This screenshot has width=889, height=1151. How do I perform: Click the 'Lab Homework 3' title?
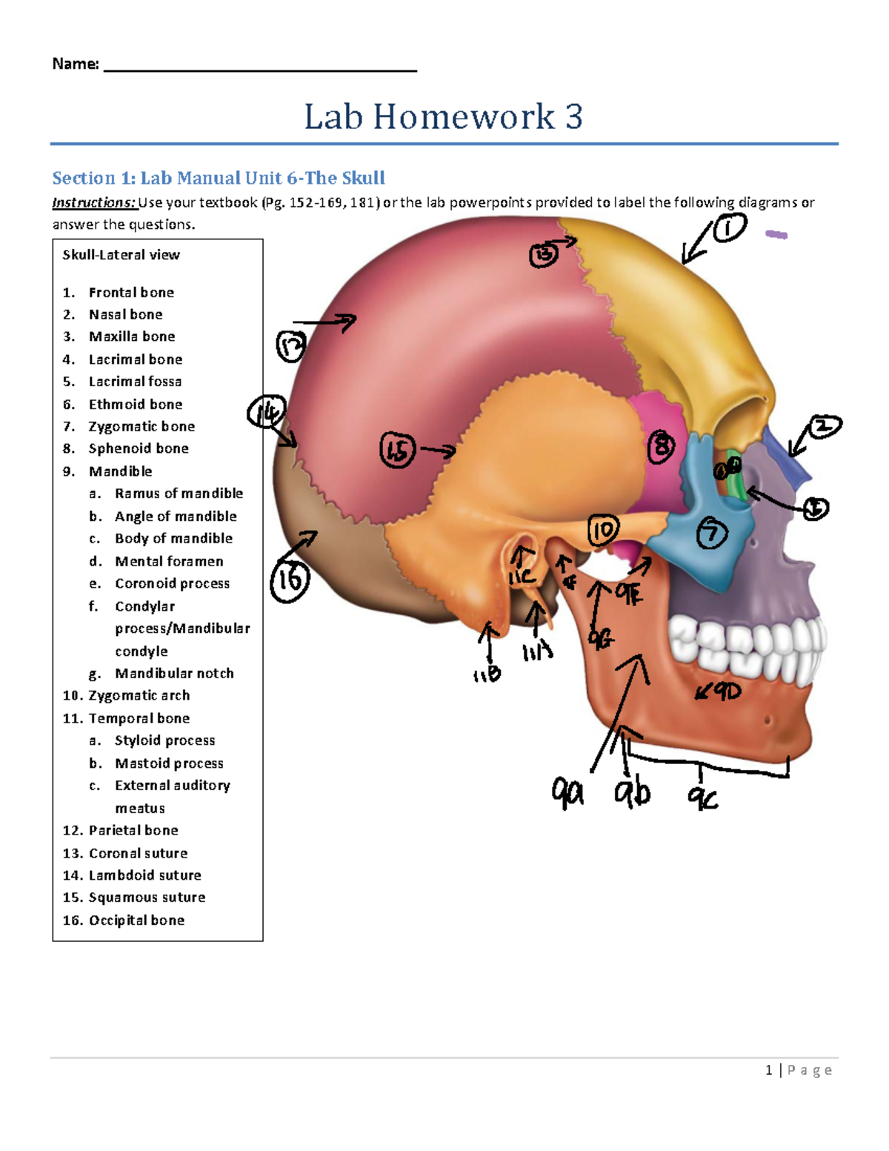pyautogui.click(x=443, y=116)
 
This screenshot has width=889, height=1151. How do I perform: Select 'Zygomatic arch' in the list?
pyautogui.click(x=139, y=695)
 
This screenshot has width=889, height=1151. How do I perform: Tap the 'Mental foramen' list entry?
pyautogui.click(x=169, y=561)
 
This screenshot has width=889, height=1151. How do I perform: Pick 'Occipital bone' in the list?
pyautogui.click(x=136, y=920)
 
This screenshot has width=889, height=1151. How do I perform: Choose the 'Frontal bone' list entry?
pyautogui.click(x=131, y=292)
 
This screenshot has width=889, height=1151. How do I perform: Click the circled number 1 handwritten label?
pyautogui.click(x=729, y=228)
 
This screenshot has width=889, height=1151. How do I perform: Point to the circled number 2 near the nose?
pyautogui.click(x=824, y=428)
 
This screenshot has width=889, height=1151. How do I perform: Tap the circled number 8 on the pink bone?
pyautogui.click(x=661, y=447)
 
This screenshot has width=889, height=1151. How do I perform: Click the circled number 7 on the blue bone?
pyautogui.click(x=712, y=533)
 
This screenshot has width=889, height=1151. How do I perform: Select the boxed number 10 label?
pyautogui.click(x=603, y=531)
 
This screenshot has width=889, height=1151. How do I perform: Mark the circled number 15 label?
pyautogui.click(x=397, y=450)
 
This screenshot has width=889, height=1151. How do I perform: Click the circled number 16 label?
pyautogui.click(x=289, y=580)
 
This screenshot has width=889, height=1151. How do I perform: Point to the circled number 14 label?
pyautogui.click(x=266, y=412)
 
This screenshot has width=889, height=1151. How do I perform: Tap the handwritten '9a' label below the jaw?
pyautogui.click(x=567, y=792)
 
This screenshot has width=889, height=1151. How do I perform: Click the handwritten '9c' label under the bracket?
pyautogui.click(x=702, y=797)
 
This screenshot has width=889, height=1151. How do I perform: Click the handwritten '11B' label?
pyautogui.click(x=487, y=674)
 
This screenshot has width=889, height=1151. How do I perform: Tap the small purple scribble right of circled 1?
pyautogui.click(x=776, y=235)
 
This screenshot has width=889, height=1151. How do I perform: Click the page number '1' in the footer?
pyautogui.click(x=769, y=1069)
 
